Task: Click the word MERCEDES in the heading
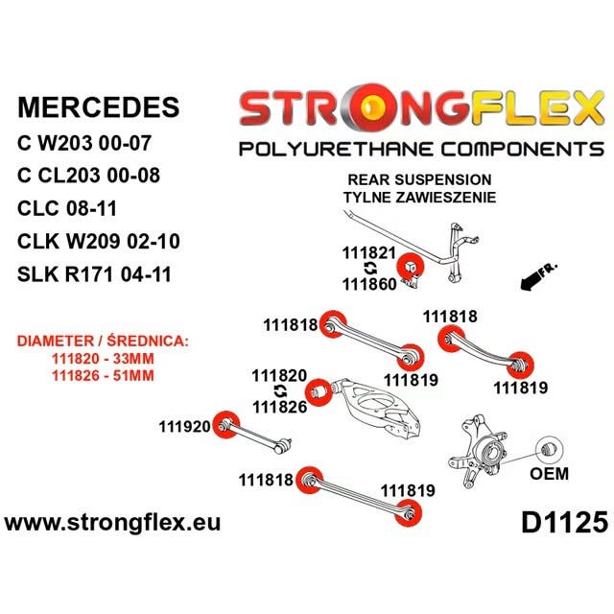click(x=98, y=106)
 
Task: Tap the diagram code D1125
click(x=564, y=522)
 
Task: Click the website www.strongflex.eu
click(x=112, y=523)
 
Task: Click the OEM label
click(x=549, y=473)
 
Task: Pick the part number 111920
click(x=184, y=426)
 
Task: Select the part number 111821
click(x=368, y=253)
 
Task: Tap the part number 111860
click(x=369, y=284)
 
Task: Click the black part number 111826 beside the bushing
click(x=279, y=407)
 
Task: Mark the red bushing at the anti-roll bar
click(x=411, y=267)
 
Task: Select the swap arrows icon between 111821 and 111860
click(x=370, y=269)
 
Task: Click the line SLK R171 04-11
click(x=94, y=274)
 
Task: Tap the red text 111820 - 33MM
click(x=103, y=358)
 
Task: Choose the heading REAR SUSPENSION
click(x=419, y=180)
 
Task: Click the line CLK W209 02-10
click(x=98, y=241)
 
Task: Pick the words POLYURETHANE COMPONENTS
click(x=421, y=150)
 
